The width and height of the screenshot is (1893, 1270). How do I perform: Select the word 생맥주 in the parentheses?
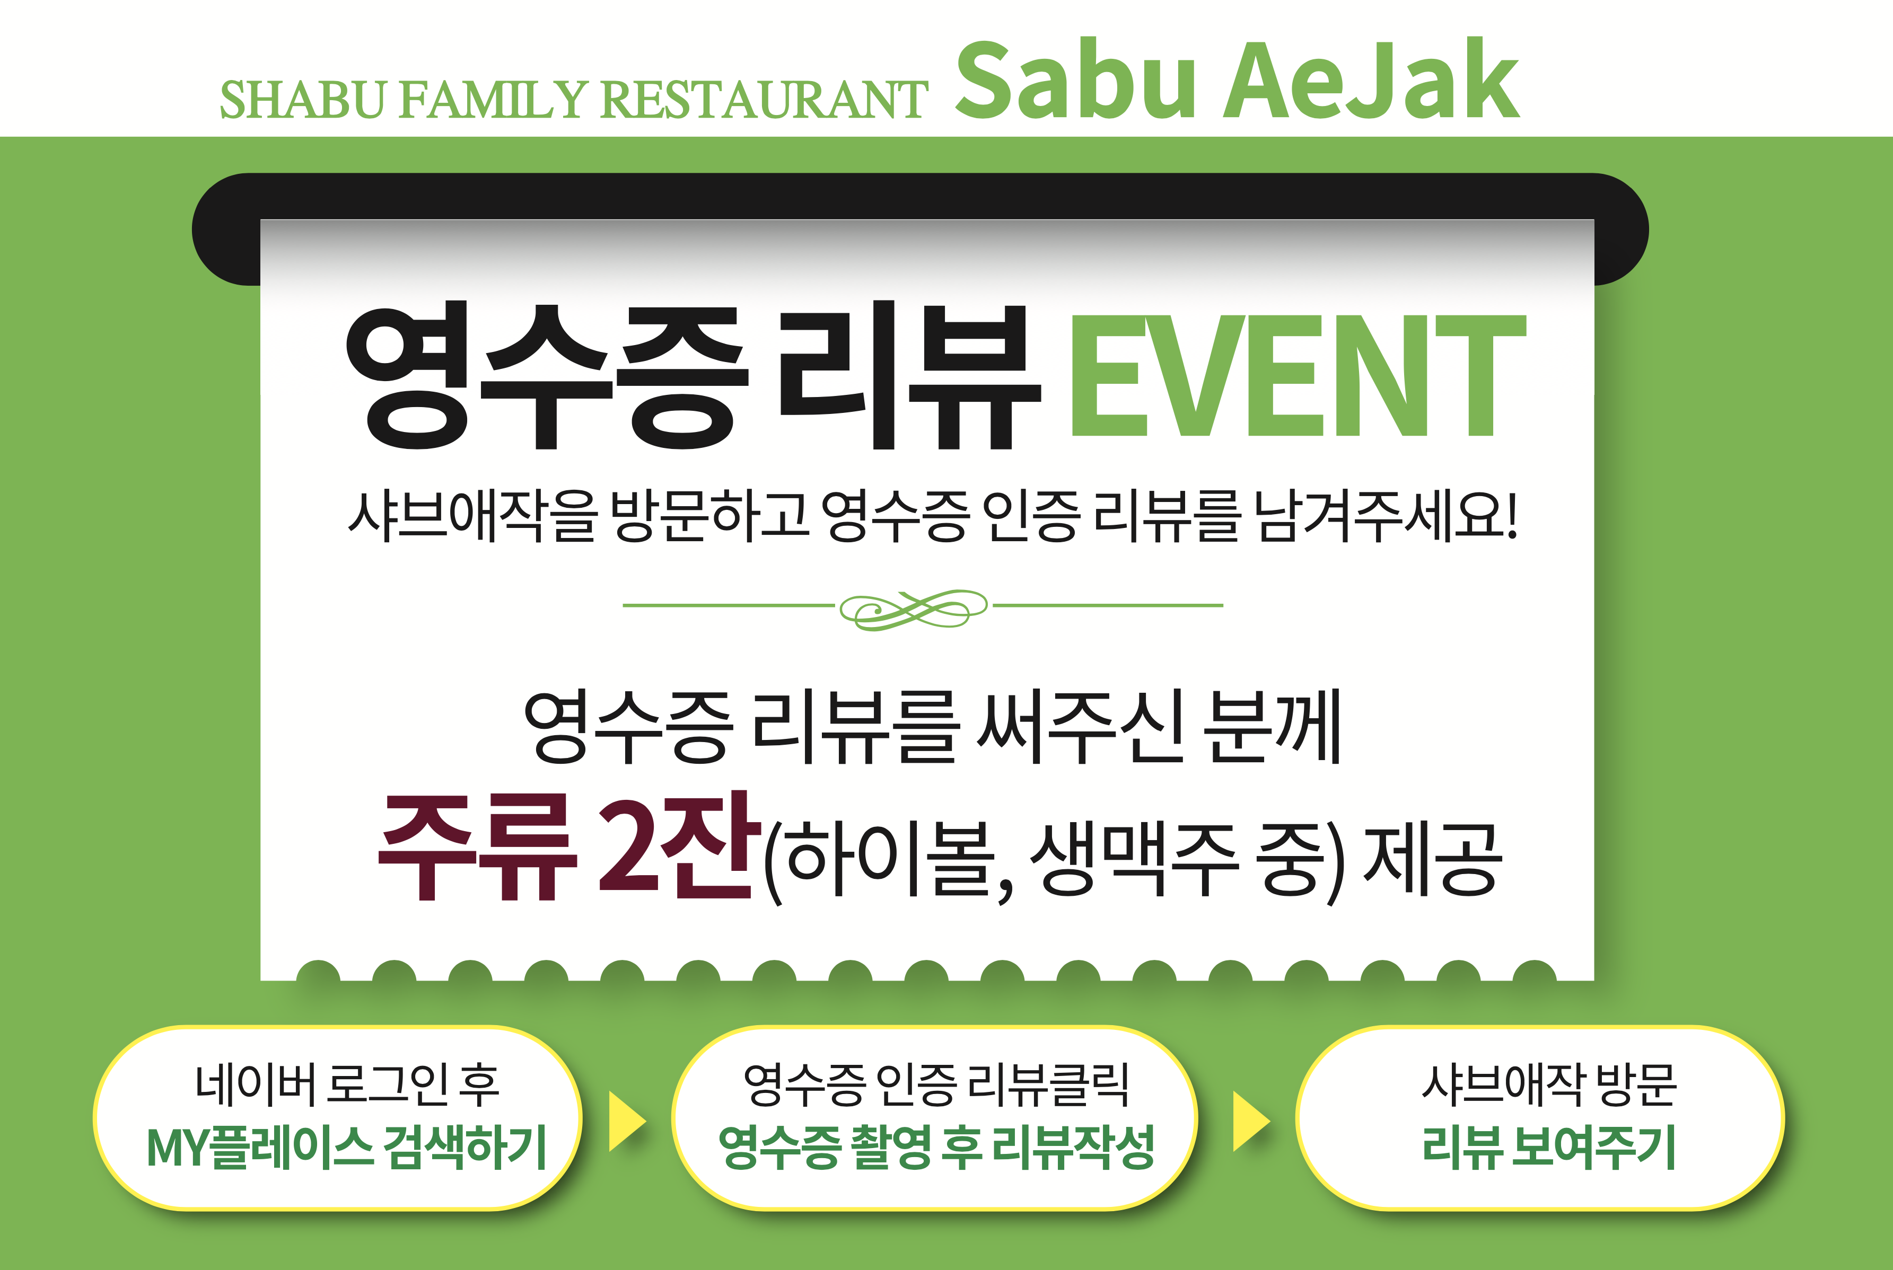tap(1134, 860)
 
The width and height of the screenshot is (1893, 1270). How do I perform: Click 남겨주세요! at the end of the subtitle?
tap(1385, 515)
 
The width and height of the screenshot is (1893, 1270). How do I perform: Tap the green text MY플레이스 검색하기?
tap(347, 1147)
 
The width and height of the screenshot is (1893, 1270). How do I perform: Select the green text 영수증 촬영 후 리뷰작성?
tap(935, 1147)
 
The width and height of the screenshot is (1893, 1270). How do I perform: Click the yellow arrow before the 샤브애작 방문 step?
tap(1250, 1121)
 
